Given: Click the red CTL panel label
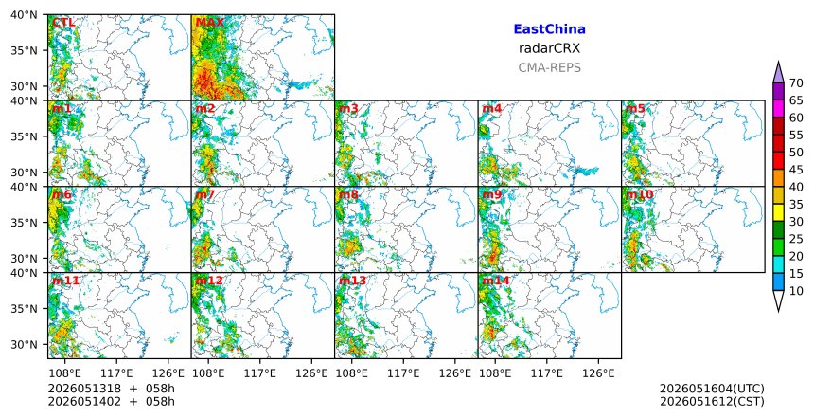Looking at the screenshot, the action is pyautogui.click(x=62, y=23).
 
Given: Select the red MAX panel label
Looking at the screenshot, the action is pyautogui.click(x=210, y=23).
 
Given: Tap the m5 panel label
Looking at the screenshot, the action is pyautogui.click(x=635, y=109).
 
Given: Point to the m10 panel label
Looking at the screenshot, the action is pyautogui.click(x=639, y=194).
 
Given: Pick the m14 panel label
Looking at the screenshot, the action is pyautogui.click(x=496, y=281).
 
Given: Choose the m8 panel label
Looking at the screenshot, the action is pyautogui.click(x=348, y=194).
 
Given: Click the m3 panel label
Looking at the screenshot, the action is pyautogui.click(x=348, y=109).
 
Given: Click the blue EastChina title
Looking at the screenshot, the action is pyautogui.click(x=549, y=29).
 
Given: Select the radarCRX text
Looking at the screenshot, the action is pyautogui.click(x=549, y=48).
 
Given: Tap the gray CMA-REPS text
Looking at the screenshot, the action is pyautogui.click(x=549, y=67).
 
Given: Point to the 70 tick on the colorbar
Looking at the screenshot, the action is pyautogui.click(x=796, y=83).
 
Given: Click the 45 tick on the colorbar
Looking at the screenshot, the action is pyautogui.click(x=796, y=170).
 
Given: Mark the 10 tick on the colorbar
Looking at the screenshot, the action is pyautogui.click(x=796, y=291).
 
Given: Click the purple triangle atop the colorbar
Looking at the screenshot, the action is pyautogui.click(x=778, y=73).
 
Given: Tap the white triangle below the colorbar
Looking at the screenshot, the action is pyautogui.click(x=778, y=300).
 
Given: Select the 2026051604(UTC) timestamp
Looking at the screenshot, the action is pyautogui.click(x=712, y=389).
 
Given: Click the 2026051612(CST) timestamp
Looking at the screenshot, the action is pyautogui.click(x=712, y=401).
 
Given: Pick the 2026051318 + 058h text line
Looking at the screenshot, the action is pyautogui.click(x=111, y=389).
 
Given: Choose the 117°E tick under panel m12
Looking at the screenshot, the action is pyautogui.click(x=259, y=373).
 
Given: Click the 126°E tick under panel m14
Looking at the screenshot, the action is pyautogui.click(x=598, y=373).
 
